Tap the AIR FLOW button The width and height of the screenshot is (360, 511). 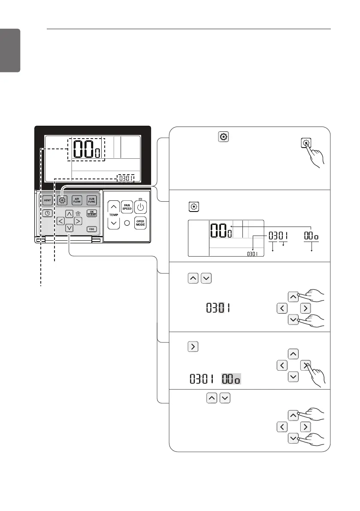(77, 200)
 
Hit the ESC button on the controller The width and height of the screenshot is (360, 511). (91, 229)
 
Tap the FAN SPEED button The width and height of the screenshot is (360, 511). (127, 207)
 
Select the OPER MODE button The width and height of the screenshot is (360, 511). (141, 223)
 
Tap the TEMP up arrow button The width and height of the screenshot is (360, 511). (113, 208)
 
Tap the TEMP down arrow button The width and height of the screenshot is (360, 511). (113, 223)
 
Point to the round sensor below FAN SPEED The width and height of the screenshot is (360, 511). (127, 223)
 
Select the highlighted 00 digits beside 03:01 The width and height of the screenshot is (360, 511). (231, 379)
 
